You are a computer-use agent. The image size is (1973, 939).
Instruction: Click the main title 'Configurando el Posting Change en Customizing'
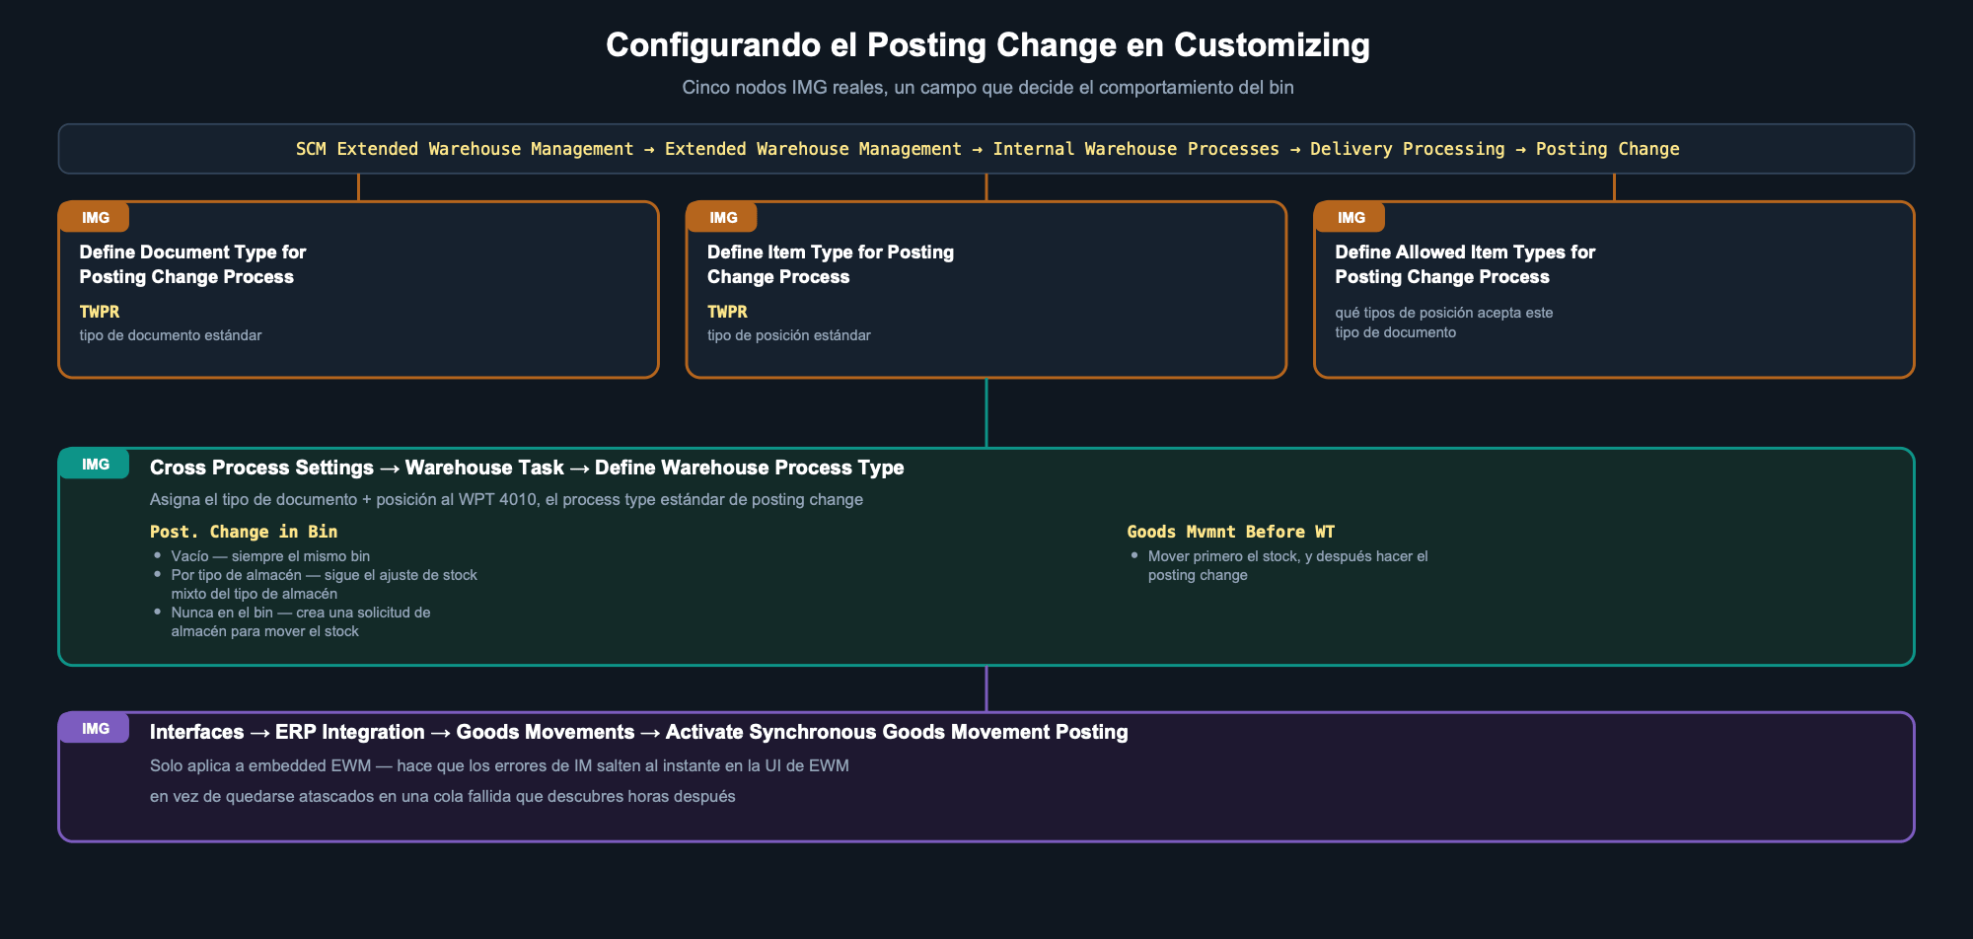(987, 45)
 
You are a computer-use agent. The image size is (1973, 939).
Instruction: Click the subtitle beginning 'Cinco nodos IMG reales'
(987, 88)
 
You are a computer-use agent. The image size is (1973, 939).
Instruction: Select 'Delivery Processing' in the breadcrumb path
(1407, 149)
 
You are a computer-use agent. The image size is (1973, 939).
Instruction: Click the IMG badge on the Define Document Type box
(95, 218)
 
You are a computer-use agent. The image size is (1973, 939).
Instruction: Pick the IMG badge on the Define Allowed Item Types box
(1351, 218)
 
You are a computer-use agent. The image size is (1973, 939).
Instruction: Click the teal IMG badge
(95, 465)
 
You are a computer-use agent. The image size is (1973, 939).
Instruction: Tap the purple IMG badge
(95, 729)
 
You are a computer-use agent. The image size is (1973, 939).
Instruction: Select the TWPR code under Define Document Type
(100, 312)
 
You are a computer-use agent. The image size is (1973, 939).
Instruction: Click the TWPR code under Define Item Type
(727, 312)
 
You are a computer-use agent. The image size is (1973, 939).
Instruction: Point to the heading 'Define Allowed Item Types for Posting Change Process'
(1465, 264)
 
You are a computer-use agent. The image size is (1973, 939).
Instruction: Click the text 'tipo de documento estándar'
(171, 335)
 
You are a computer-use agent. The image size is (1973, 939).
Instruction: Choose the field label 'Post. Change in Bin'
(244, 532)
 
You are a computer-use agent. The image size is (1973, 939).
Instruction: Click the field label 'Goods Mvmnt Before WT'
(1230, 532)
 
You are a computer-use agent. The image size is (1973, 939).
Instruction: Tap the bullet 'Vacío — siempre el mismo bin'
(270, 556)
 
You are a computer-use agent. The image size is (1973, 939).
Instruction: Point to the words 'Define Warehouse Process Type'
(750, 468)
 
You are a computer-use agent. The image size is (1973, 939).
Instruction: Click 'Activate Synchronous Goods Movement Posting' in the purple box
(897, 732)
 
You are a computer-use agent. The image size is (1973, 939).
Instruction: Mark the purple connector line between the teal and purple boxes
(986, 688)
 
